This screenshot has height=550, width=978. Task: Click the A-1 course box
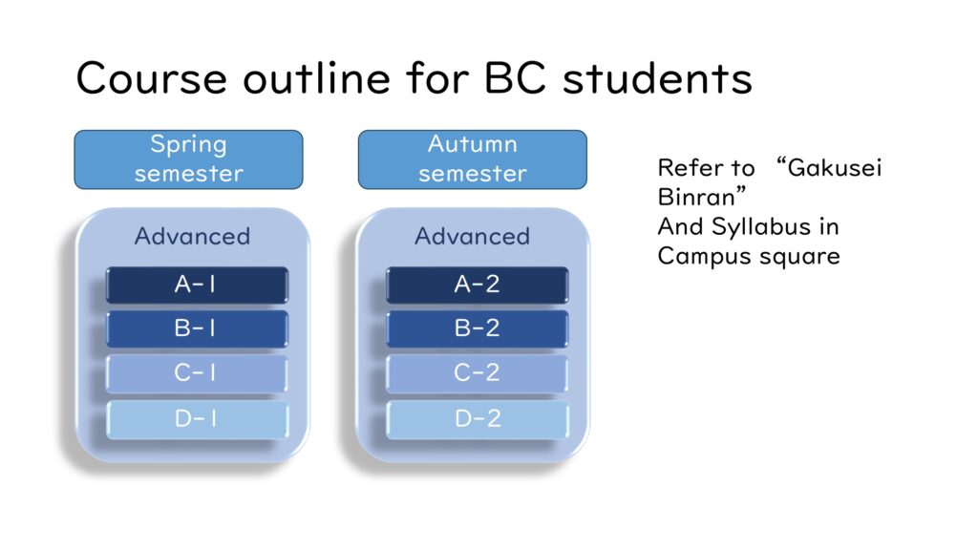click(x=197, y=285)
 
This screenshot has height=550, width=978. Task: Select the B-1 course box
click(x=197, y=328)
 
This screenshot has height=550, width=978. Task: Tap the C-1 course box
click(x=197, y=373)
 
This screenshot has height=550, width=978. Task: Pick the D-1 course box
click(x=197, y=419)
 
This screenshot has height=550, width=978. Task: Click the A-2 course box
click(x=478, y=285)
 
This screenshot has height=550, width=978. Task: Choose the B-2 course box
click(x=478, y=328)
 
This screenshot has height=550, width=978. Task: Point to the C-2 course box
click(x=478, y=373)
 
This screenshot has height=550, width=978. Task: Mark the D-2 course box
click(x=478, y=419)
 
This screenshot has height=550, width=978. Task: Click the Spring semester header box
click(x=188, y=159)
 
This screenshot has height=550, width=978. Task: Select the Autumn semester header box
click(x=472, y=159)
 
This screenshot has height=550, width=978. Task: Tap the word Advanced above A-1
click(x=192, y=237)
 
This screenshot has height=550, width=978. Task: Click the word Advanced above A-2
click(x=472, y=237)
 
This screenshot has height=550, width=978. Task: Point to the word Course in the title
click(x=151, y=78)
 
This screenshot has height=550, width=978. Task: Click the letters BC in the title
click(x=515, y=78)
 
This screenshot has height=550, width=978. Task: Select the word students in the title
click(x=657, y=78)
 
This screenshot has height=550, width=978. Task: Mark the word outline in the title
click(x=317, y=78)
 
